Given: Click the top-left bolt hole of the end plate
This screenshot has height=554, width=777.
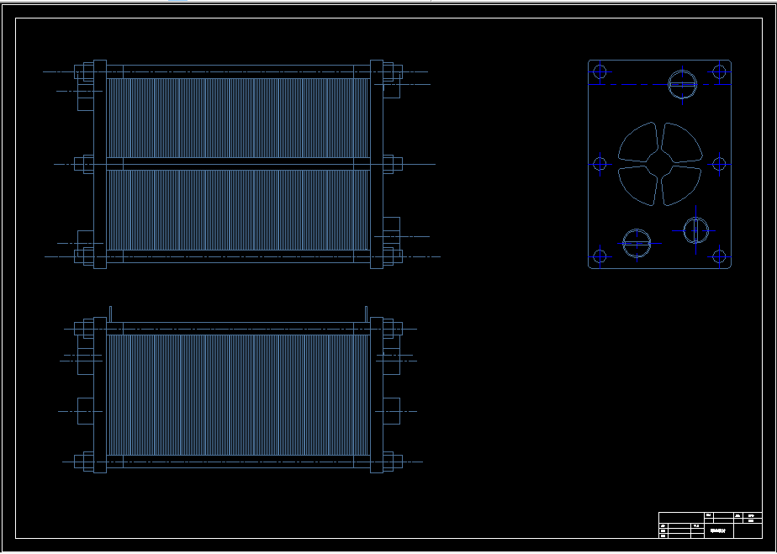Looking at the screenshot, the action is (600, 71).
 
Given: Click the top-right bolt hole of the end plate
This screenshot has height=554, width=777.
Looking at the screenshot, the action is (719, 71).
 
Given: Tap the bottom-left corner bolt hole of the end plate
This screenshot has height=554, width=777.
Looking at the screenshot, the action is (600, 256).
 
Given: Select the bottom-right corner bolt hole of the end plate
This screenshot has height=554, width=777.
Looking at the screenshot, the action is (719, 256).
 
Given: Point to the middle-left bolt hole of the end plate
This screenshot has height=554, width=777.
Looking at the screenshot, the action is (600, 164).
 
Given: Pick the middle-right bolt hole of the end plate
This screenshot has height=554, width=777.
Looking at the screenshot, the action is (720, 164).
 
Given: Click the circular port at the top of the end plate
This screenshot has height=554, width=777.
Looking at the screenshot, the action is (682, 83).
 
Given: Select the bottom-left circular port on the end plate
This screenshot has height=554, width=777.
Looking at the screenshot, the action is (637, 243).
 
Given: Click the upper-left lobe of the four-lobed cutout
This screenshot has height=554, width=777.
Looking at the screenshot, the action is (639, 144).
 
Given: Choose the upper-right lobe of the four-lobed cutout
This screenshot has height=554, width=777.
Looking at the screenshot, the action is (679, 144).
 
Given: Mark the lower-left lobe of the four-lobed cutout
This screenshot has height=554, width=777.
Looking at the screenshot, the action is (639, 184).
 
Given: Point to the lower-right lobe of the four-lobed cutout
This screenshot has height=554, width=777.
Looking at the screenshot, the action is (679, 184).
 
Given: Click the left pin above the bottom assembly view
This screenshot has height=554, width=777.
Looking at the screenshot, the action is (110, 313).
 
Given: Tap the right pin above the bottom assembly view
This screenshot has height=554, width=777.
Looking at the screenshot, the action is (367, 313).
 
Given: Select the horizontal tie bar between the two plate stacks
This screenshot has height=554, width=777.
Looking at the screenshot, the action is (239, 164).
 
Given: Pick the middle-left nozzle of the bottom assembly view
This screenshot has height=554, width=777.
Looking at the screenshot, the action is (85, 411).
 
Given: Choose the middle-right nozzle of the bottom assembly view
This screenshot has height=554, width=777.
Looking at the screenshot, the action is (392, 411).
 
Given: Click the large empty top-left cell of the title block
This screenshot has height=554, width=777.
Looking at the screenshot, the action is (680, 517).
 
